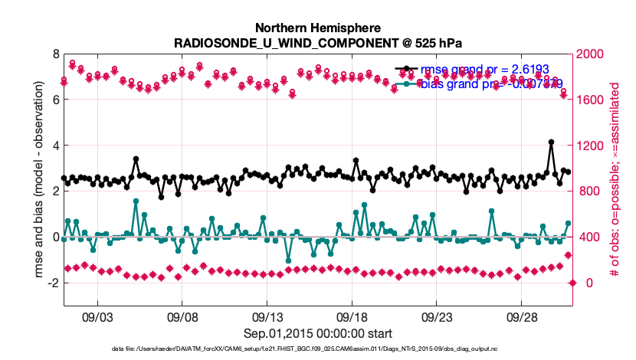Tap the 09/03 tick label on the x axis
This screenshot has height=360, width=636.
click(x=97, y=316)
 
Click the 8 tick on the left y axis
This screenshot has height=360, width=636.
click(x=56, y=54)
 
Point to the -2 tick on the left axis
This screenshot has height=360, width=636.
click(x=54, y=283)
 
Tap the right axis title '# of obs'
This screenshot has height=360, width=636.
click(x=614, y=180)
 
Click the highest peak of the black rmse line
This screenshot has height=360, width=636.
click(x=551, y=142)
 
